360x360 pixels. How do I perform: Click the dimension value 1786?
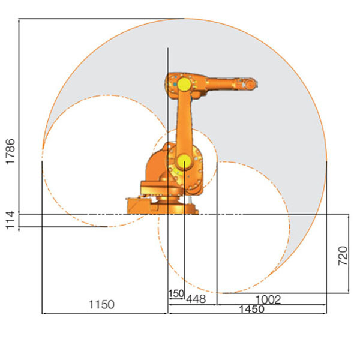tap(11, 152)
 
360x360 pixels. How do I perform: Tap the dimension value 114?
tap(10, 220)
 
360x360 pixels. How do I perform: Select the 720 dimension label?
tap(343, 256)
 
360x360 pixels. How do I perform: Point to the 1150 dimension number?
tap(101, 305)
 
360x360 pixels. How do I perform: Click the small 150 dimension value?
tap(176, 293)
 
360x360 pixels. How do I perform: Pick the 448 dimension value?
tap(196, 299)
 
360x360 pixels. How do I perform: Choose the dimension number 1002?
tap(268, 299)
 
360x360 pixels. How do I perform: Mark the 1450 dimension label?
tap(251, 309)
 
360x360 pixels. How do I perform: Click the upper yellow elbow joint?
tap(184, 84)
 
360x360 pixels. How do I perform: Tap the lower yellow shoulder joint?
tap(184, 161)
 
